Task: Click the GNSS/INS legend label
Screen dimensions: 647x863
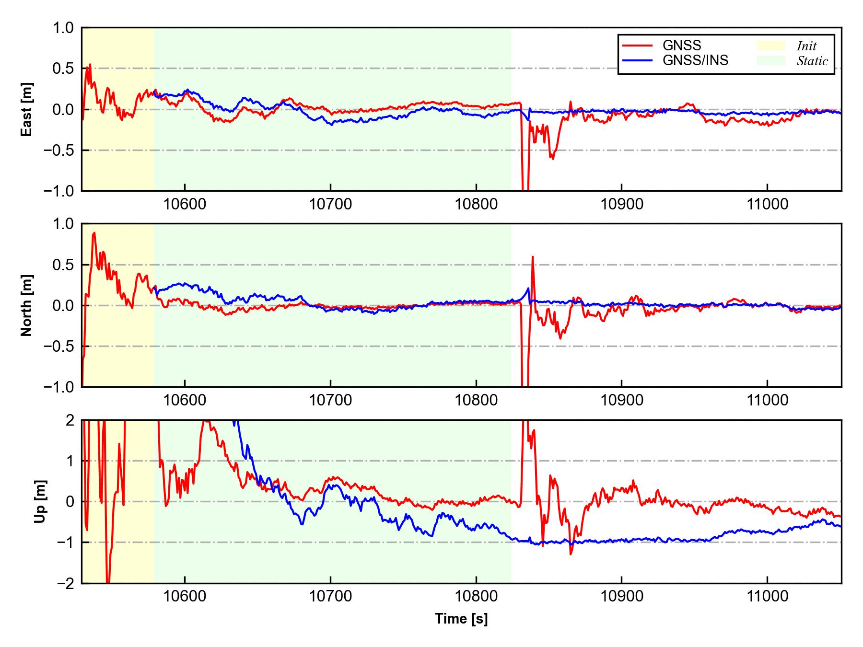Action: click(695, 60)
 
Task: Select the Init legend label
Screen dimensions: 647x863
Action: click(806, 46)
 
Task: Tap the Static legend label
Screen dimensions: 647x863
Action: click(812, 61)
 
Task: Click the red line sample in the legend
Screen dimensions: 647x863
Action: click(637, 46)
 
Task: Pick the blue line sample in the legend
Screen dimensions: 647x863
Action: click(637, 60)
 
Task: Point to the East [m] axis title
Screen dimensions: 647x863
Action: click(27, 109)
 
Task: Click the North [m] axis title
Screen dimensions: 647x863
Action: click(27, 305)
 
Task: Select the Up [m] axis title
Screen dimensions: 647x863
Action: click(41, 501)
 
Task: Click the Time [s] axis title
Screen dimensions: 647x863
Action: click(461, 619)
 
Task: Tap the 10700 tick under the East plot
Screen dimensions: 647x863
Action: click(330, 205)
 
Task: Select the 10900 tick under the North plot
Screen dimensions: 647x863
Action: click(621, 400)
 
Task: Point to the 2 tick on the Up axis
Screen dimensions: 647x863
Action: click(70, 420)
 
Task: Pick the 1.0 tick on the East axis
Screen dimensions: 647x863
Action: click(63, 28)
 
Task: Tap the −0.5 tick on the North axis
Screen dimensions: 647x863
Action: click(59, 346)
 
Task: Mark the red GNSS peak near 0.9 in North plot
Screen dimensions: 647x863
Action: click(94, 233)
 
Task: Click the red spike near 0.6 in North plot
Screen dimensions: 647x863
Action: click(533, 257)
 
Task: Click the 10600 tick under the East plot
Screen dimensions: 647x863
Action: click(185, 205)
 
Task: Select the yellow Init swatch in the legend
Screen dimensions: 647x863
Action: click(771, 46)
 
